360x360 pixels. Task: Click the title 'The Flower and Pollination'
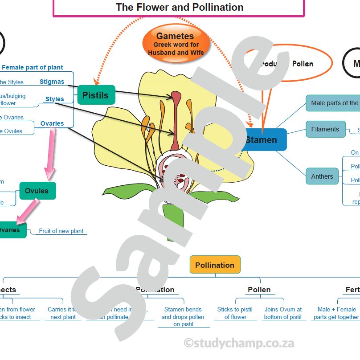tap(180, 7)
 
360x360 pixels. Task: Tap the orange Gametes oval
tap(175, 43)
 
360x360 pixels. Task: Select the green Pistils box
tap(96, 95)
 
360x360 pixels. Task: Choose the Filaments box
tap(325, 129)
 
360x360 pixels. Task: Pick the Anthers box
tap(322, 176)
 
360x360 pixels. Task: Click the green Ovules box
tap(37, 191)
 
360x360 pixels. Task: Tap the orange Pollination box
tap(215, 265)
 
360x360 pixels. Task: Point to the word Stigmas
tap(52, 82)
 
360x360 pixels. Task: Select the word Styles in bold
tap(55, 99)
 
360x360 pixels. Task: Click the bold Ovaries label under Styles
tap(52, 123)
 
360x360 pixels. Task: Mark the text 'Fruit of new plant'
tap(61, 231)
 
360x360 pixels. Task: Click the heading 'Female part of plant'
tap(33, 68)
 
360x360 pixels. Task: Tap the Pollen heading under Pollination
tap(259, 290)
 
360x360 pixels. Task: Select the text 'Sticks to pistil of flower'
tap(235, 313)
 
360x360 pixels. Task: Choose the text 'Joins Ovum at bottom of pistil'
tap(283, 313)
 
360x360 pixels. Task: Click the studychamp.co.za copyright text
tap(239, 343)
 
